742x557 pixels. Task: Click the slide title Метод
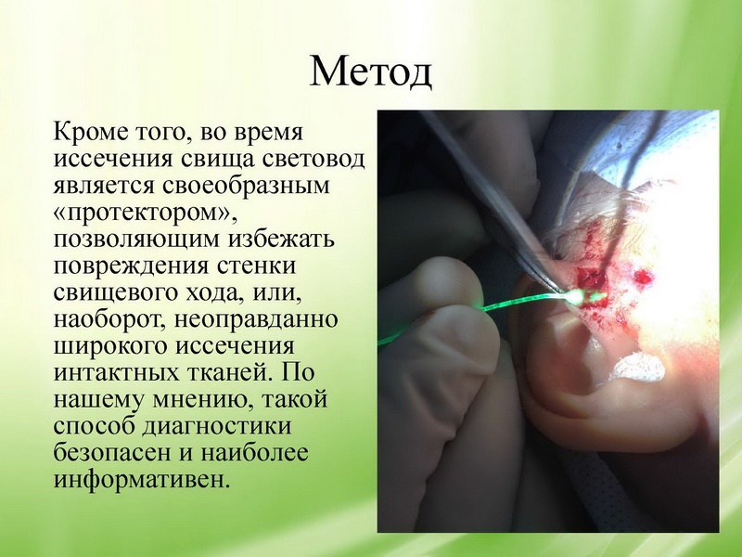pos(370,72)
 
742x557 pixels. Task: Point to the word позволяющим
pos(136,240)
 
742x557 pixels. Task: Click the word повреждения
pos(131,266)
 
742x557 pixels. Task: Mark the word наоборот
pos(110,320)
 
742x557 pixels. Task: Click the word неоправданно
pos(256,320)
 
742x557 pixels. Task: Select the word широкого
pos(110,346)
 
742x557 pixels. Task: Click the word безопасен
pos(112,453)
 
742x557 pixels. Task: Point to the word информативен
pos(142,480)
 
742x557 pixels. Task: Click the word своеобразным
pos(247,187)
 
